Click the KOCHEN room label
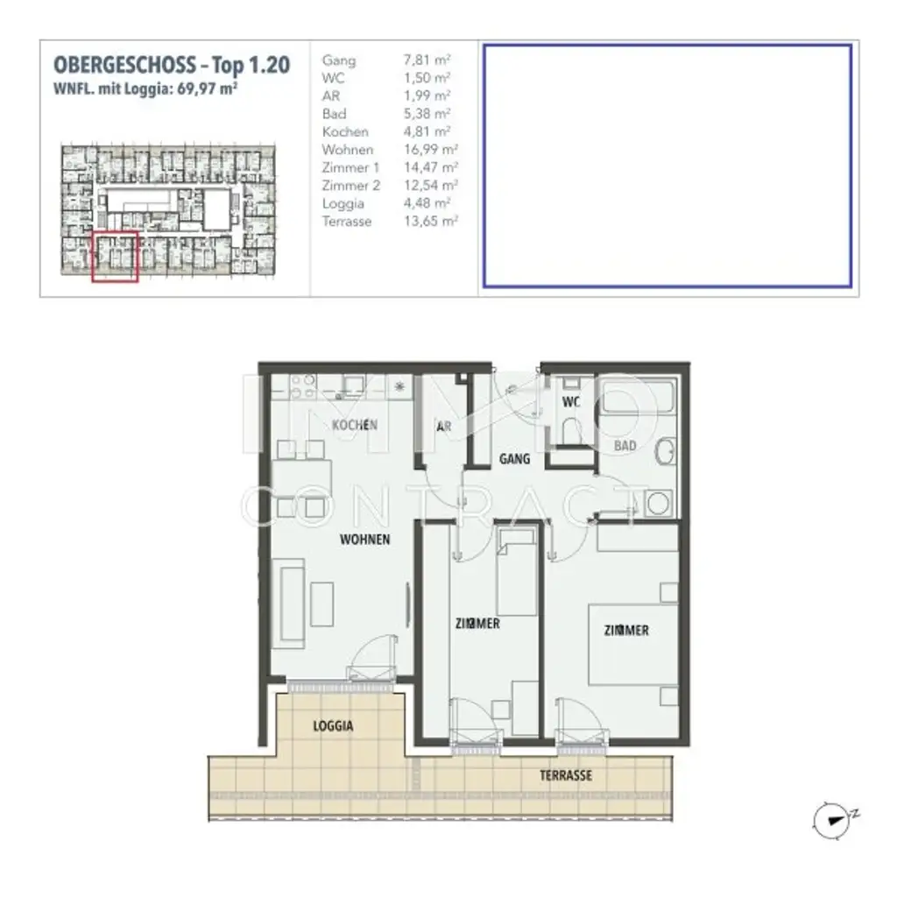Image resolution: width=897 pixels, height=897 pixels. (355, 425)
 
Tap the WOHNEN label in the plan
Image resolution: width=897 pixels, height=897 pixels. (365, 540)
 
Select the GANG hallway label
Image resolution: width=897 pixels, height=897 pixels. (514, 458)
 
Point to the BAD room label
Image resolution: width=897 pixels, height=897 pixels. (625, 446)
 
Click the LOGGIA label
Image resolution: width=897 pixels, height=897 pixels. (333, 726)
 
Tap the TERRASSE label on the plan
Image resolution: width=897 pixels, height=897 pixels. (565, 775)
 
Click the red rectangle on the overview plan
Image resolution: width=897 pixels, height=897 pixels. (115, 256)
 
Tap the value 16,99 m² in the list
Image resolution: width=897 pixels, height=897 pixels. (427, 150)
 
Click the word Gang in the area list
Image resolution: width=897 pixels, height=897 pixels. (339, 60)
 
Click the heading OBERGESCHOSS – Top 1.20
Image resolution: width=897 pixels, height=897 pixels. (172, 65)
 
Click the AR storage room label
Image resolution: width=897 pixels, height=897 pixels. (444, 427)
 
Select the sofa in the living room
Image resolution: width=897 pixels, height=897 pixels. (287, 605)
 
